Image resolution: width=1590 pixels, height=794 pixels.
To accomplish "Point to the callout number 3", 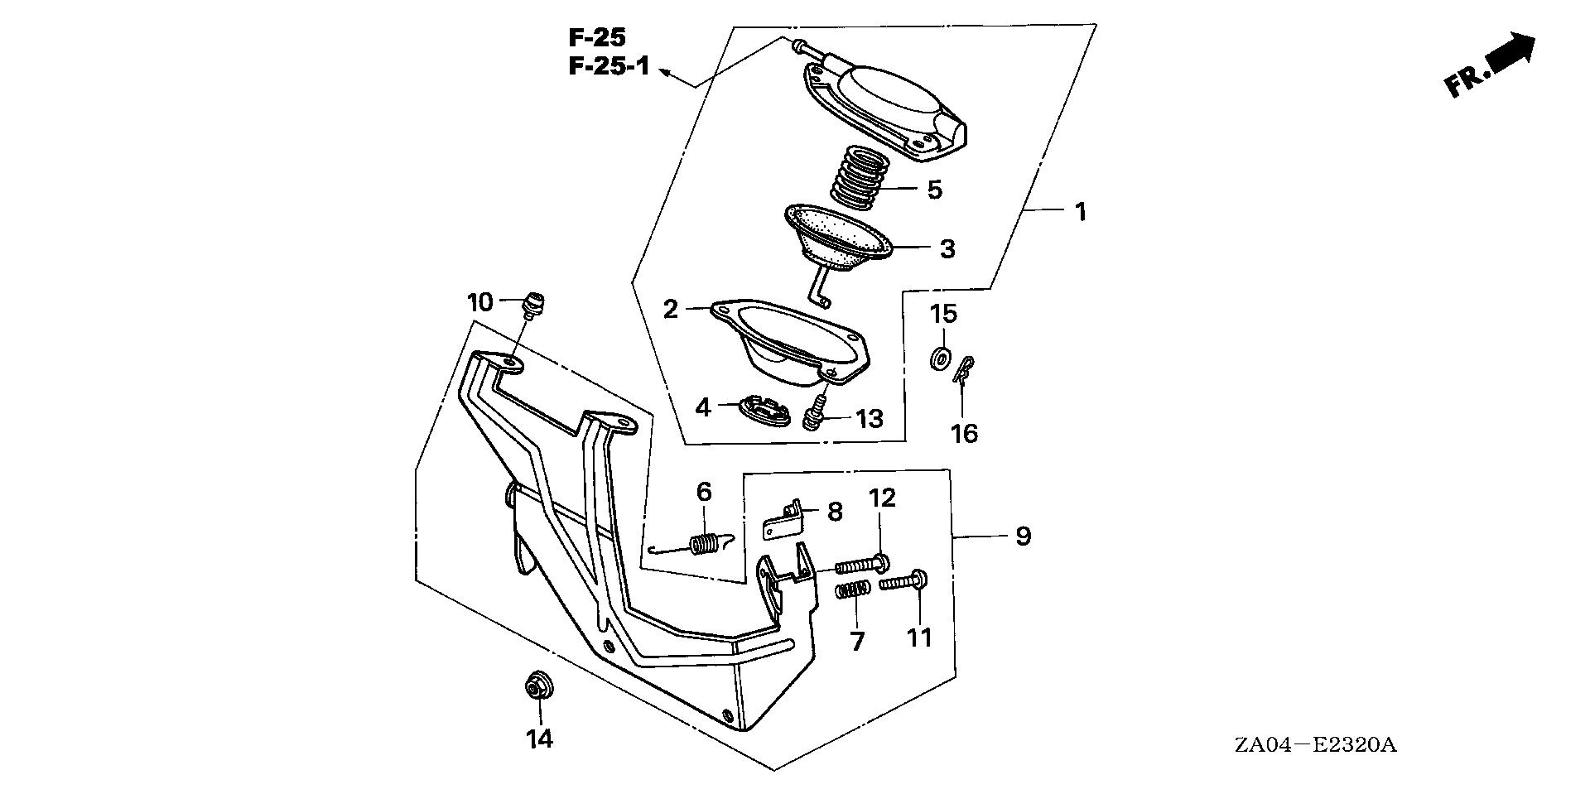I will pyautogui.click(x=947, y=248).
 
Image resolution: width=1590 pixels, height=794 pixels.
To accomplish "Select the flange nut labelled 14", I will pyautogui.click(x=537, y=687).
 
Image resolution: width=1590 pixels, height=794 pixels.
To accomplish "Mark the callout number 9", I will pyautogui.click(x=1024, y=537).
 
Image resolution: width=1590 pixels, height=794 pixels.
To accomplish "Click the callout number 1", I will pyautogui.click(x=1080, y=189).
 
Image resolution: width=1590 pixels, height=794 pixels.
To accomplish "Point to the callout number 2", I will pyautogui.click(x=671, y=310).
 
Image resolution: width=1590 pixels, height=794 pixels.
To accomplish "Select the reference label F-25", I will pyautogui.click(x=597, y=37).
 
